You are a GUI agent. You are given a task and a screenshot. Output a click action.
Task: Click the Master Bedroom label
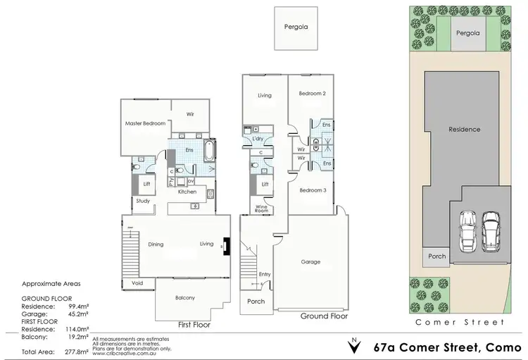click(x=145, y=123)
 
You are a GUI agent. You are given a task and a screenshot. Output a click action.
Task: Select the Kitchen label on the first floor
click(x=187, y=192)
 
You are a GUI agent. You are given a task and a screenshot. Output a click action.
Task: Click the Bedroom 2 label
click(x=311, y=93)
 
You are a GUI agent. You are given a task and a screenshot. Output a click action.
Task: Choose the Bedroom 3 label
click(x=311, y=190)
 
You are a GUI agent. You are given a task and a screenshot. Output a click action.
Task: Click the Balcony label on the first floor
click(x=184, y=298)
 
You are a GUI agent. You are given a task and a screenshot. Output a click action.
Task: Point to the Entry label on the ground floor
click(x=264, y=274)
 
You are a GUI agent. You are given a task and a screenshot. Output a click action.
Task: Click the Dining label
click(x=156, y=244)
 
